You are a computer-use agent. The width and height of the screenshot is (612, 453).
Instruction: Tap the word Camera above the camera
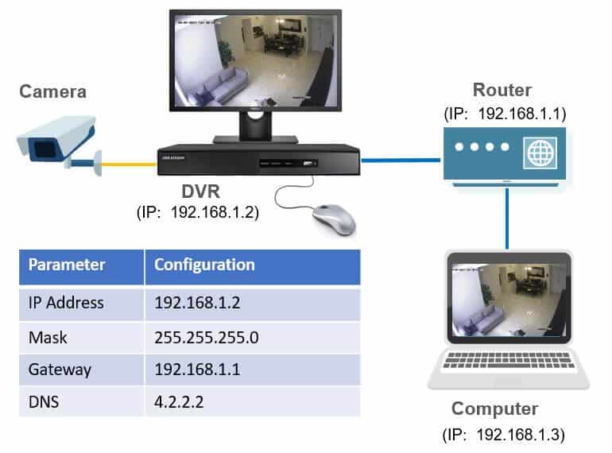(x=53, y=92)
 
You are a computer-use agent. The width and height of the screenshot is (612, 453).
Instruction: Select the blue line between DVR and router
(x=401, y=159)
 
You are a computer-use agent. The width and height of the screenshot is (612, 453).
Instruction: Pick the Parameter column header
(x=68, y=265)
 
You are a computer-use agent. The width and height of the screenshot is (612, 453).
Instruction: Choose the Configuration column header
(x=205, y=265)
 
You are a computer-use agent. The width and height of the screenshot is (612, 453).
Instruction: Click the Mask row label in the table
(x=48, y=337)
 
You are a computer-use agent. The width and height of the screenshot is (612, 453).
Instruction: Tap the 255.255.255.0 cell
(x=207, y=337)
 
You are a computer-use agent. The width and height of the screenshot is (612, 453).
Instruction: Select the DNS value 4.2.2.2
(x=180, y=401)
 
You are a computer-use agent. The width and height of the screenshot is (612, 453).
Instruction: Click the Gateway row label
(x=60, y=370)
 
